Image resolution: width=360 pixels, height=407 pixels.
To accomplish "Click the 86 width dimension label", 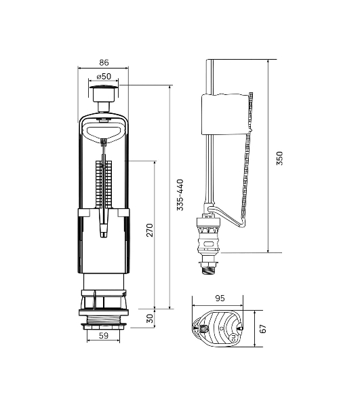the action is (104, 62).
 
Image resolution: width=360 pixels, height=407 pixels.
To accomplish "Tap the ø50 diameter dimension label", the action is (104, 76).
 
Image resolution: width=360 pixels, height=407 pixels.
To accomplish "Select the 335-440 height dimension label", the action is (180, 195).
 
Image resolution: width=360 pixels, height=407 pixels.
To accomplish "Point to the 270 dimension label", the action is (150, 230).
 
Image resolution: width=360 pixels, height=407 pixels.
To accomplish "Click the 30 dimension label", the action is (150, 319).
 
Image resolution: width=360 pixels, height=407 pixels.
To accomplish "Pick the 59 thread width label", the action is (104, 336).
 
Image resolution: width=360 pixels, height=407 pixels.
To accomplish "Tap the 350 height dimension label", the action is (279, 158).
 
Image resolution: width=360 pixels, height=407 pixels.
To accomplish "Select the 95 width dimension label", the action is (220, 298).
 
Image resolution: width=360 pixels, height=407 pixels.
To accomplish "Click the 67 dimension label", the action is (263, 329).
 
